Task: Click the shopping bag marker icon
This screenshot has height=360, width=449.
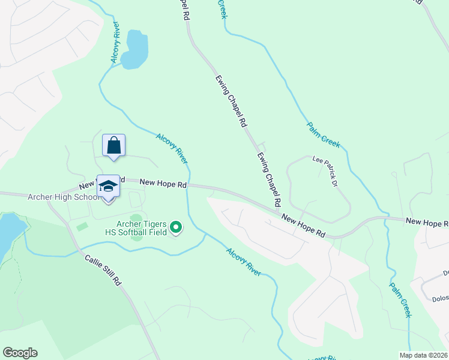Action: click(x=113, y=145)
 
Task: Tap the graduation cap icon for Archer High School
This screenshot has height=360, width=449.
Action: click(x=108, y=185)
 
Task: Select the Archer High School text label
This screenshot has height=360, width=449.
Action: click(x=63, y=197)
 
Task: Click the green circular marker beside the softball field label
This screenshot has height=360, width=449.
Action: click(x=176, y=227)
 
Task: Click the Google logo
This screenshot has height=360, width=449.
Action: click(x=20, y=353)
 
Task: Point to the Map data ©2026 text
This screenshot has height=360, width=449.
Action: click(x=423, y=355)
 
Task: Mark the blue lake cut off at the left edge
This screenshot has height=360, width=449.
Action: click(x=8, y=231)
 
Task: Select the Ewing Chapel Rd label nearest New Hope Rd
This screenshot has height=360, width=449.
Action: click(x=270, y=179)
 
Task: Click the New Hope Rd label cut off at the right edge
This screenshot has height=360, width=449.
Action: click(x=427, y=222)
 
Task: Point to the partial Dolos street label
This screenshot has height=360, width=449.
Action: click(x=440, y=298)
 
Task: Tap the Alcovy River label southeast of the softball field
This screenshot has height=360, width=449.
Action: click(x=243, y=262)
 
